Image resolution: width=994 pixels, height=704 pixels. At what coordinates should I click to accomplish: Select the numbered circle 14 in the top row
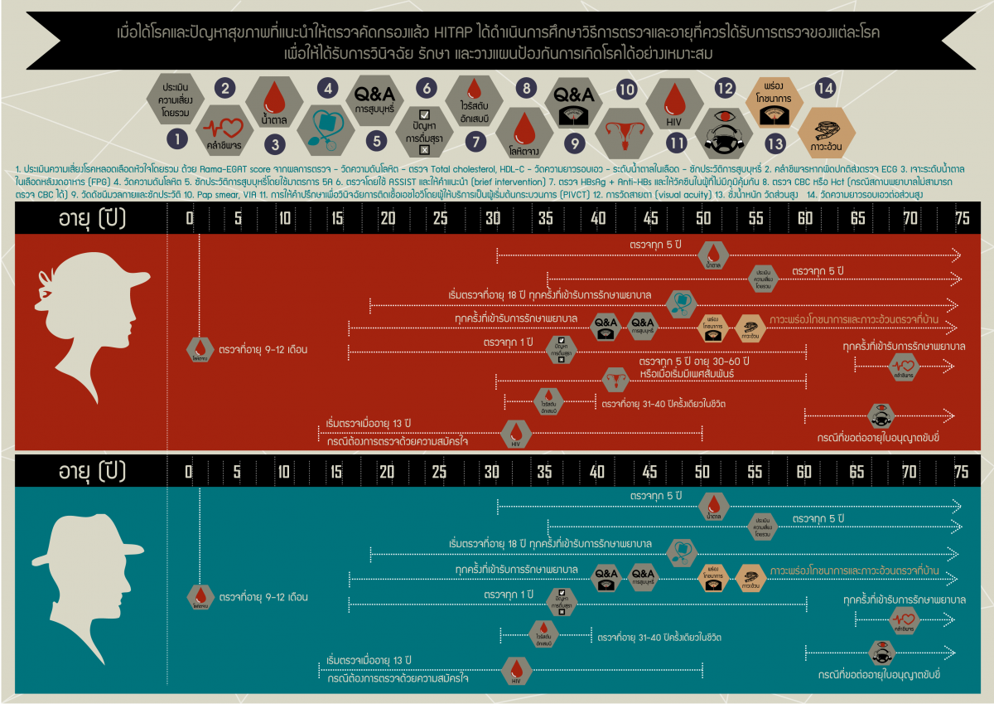[824, 87]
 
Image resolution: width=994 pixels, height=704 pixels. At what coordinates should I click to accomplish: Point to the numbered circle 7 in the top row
[475, 141]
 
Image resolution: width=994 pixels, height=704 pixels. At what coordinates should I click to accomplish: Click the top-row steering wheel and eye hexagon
[725, 132]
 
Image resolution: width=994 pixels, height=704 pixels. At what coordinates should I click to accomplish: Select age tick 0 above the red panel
[190, 218]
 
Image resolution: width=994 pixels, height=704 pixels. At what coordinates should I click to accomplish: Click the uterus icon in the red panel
[615, 379]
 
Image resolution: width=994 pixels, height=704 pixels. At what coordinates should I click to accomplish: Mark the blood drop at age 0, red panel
[200, 348]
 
